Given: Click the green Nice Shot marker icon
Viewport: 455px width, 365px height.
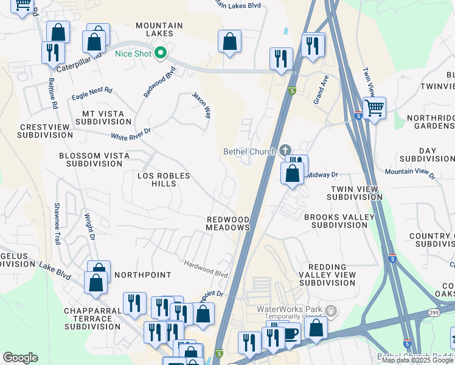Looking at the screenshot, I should tap(161, 54).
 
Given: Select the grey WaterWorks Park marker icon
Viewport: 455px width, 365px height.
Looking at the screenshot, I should tap(331, 310).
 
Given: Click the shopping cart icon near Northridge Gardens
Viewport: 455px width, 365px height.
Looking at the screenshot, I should tap(375, 108).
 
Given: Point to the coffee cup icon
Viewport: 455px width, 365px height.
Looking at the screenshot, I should tap(291, 333).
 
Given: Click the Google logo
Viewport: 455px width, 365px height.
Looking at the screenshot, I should tap(20, 357).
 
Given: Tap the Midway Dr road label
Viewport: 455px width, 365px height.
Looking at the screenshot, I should tap(322, 175).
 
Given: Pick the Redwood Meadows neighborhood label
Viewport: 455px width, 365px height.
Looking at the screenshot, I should tap(228, 223).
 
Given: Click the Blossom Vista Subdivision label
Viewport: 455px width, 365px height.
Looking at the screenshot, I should tap(94, 159).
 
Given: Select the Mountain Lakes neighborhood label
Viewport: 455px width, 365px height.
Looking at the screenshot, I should tap(159, 29).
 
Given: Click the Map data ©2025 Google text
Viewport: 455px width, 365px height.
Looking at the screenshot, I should tap(418, 360).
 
